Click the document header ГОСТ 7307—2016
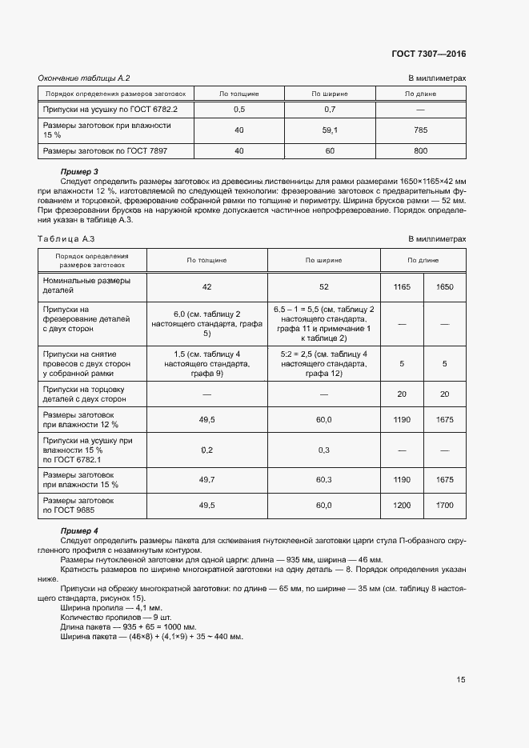(428, 54)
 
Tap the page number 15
(461, 679)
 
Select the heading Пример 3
(79, 172)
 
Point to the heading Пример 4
(79, 531)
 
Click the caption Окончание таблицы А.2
(84, 78)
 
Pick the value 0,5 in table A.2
(238, 108)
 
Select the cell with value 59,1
(330, 130)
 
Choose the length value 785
(421, 130)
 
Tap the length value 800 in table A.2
(421, 150)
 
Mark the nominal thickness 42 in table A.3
(206, 286)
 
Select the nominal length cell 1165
(401, 286)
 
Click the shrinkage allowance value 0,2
(206, 450)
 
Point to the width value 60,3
(323, 480)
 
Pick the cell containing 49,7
(206, 480)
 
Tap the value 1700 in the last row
(445, 506)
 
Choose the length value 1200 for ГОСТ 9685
(401, 506)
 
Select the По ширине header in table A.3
(323, 260)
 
